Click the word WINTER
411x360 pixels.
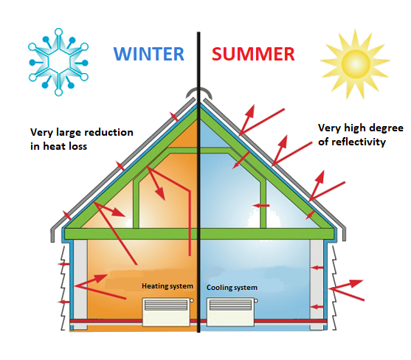click(x=149, y=54)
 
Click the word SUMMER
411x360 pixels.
click(x=253, y=54)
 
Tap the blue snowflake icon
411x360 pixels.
click(x=58, y=62)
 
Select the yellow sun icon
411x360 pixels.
click(x=355, y=63)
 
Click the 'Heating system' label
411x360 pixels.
click(x=167, y=285)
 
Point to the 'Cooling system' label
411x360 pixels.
click(x=232, y=288)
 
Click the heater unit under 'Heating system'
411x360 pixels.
click(x=167, y=312)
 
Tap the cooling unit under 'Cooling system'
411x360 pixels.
click(x=231, y=312)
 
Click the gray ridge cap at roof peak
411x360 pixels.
click(x=198, y=92)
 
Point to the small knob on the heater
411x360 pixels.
click(x=192, y=300)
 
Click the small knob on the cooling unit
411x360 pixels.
click(x=256, y=301)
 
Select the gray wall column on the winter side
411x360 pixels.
click(x=80, y=284)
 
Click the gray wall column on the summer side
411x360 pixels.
click(x=317, y=285)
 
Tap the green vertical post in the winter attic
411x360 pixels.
click(x=136, y=204)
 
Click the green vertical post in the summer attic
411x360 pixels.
click(x=263, y=204)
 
